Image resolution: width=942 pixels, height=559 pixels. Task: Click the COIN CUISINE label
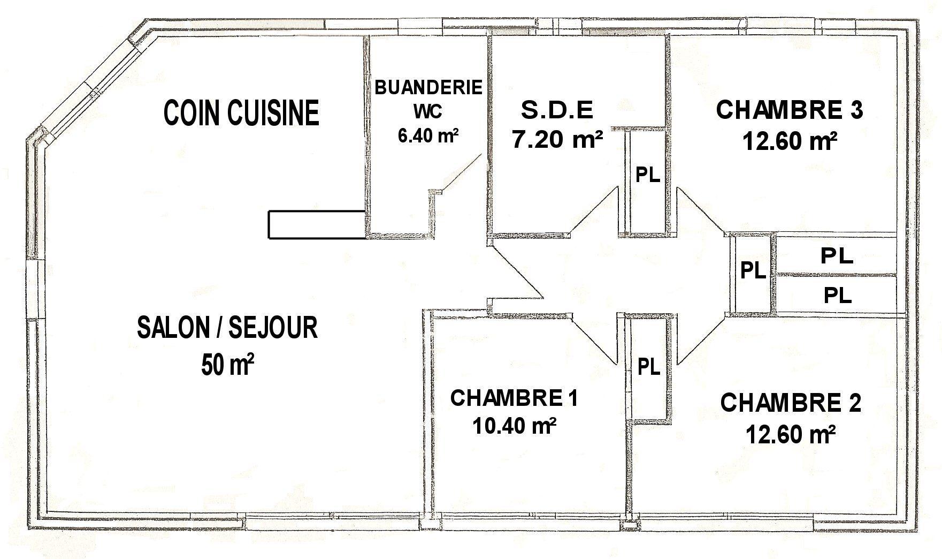(241, 112)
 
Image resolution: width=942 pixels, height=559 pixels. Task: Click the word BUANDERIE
(428, 87)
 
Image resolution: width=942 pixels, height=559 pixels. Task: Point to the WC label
(427, 111)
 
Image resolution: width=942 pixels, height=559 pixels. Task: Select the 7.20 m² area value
(558, 140)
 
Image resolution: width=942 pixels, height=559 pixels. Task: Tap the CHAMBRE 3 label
(790, 110)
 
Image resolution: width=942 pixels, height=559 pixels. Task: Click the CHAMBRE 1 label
(514, 398)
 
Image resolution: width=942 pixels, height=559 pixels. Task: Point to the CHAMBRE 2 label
(791, 403)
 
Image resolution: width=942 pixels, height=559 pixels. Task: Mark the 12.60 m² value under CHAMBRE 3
(790, 141)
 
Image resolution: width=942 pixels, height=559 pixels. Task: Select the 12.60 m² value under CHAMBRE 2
(791, 434)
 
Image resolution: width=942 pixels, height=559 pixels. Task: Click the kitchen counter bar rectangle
(317, 224)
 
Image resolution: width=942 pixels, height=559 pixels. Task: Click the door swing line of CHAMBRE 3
(701, 211)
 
